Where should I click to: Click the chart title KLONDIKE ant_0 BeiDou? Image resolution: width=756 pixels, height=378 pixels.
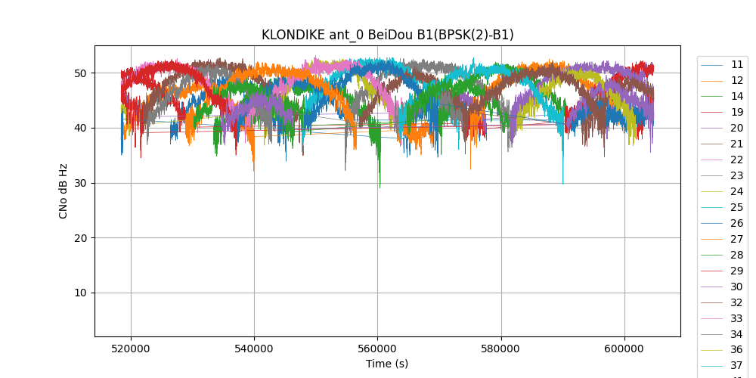pos(387,35)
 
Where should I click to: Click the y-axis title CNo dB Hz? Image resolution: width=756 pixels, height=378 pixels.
pos(64,191)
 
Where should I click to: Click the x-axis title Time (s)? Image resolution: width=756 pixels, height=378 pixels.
pos(387,364)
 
